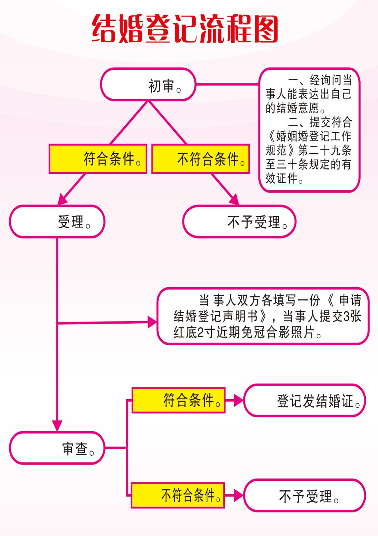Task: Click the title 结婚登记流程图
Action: (x=185, y=29)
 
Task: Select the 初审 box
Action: (x=148, y=84)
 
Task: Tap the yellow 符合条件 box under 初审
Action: (x=98, y=159)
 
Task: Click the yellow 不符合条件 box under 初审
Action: (x=200, y=159)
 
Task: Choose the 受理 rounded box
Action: (x=57, y=222)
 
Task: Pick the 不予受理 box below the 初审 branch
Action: (x=239, y=222)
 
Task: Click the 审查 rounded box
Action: (x=57, y=448)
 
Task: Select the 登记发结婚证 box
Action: (x=304, y=401)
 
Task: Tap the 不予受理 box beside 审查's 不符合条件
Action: (x=304, y=496)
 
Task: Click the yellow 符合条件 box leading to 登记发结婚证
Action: (x=178, y=400)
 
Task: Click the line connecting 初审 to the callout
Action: (x=227, y=84)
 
